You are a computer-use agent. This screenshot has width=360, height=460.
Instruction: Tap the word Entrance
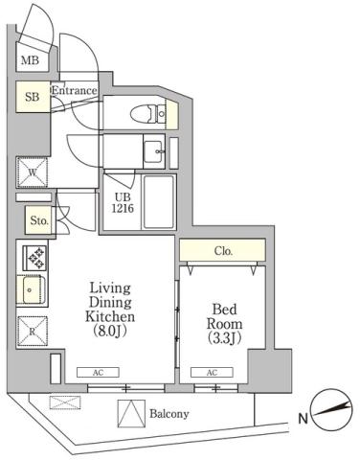coord(75,92)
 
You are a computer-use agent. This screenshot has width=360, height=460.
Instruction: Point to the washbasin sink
coord(152,150)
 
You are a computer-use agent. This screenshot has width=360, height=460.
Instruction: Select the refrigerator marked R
coord(33,332)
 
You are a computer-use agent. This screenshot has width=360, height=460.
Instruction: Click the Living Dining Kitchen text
coord(111,302)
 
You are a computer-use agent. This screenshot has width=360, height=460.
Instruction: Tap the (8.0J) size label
coord(112,332)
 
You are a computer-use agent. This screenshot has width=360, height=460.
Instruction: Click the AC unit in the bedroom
coord(210,372)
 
